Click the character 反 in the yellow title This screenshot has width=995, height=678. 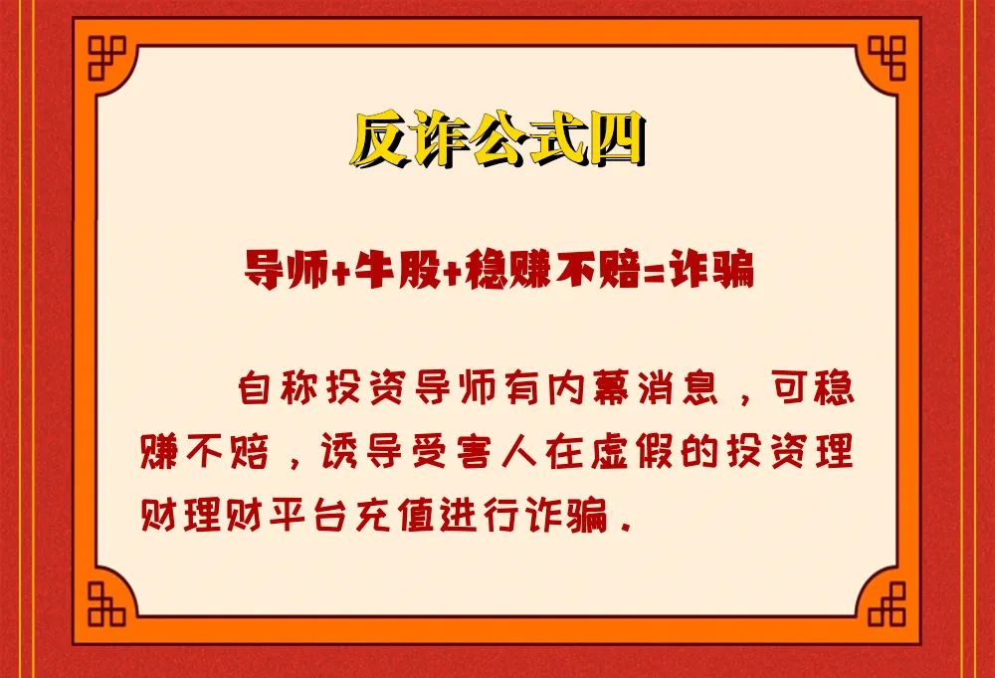[379, 139]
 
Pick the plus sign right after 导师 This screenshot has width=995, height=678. [340, 271]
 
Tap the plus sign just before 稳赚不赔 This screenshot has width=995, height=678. [452, 271]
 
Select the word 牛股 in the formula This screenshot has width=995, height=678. [397, 269]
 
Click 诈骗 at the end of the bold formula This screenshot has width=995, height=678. [710, 269]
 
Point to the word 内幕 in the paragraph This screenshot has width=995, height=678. [588, 386]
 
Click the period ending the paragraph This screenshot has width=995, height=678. [627, 528]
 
